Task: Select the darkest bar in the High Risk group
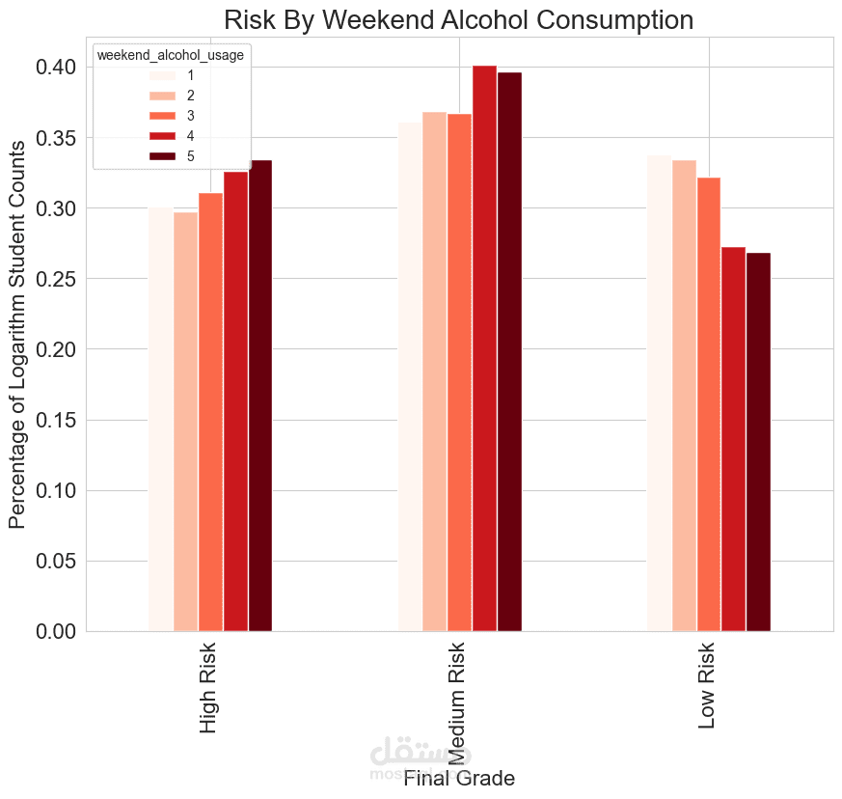pos(260,396)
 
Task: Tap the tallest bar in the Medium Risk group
pos(484,348)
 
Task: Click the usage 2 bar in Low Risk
pos(684,396)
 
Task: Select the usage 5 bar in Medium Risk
pos(509,352)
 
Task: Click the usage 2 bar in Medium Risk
pos(434,372)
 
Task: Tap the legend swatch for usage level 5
pos(162,155)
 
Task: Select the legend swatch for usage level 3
pos(162,115)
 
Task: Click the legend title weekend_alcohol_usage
pos(171,55)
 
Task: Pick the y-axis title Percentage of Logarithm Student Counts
pos(17,334)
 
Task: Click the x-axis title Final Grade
pos(459,778)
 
